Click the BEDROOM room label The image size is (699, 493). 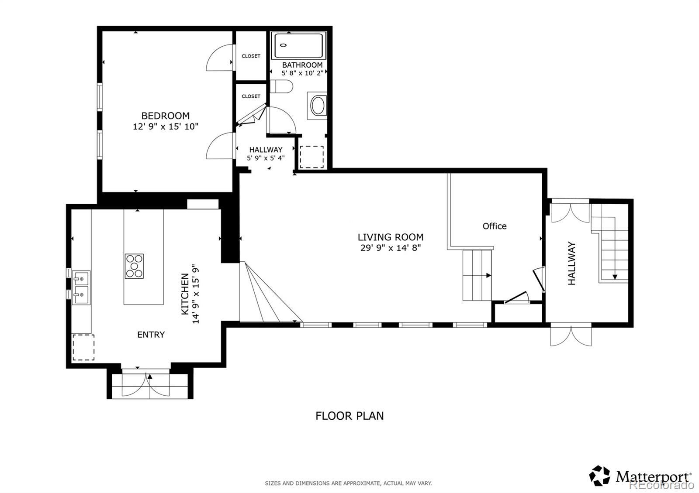(x=166, y=116)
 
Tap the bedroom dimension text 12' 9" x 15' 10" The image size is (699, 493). (x=166, y=127)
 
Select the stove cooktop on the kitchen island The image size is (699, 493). (x=134, y=266)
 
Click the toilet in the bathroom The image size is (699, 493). (x=281, y=86)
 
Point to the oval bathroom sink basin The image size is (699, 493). (x=318, y=106)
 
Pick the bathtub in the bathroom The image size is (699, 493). (x=299, y=45)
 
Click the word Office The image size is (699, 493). (x=495, y=226)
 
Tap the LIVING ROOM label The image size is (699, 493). (x=391, y=237)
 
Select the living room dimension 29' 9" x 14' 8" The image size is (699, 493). (x=391, y=248)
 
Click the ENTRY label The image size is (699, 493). (x=151, y=335)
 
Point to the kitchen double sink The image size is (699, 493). (x=81, y=288)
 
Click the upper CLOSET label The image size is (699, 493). (x=251, y=56)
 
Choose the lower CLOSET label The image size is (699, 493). (x=251, y=96)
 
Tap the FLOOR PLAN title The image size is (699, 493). (x=349, y=416)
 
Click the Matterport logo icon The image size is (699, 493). (x=599, y=484)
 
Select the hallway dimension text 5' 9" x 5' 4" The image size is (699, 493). (x=266, y=158)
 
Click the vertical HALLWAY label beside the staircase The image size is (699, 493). (x=571, y=264)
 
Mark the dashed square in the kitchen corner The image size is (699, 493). (x=83, y=347)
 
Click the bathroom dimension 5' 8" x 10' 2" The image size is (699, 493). (x=302, y=73)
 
